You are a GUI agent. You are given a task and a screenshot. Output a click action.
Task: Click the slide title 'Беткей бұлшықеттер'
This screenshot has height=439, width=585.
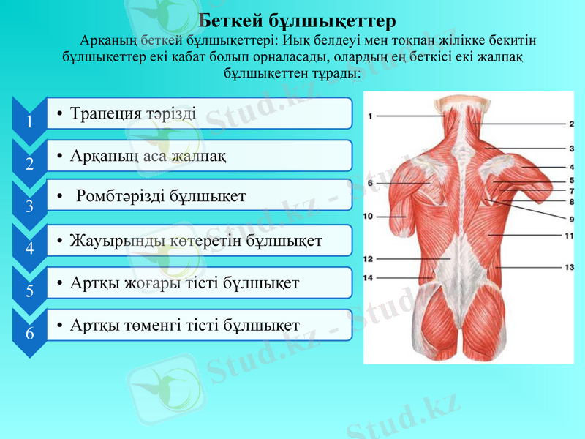click(297, 17)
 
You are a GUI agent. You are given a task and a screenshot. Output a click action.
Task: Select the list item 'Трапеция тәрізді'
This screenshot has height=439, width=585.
click(132, 113)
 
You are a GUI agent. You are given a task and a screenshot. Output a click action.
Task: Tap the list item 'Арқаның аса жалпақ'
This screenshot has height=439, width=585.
click(148, 156)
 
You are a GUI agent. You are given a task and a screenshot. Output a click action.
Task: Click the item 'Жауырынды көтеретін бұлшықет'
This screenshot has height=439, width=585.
click(196, 239)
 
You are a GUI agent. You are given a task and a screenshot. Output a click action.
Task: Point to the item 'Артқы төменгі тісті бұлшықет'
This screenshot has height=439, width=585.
click(185, 324)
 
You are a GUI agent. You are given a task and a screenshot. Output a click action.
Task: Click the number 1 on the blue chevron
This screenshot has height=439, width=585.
click(29, 121)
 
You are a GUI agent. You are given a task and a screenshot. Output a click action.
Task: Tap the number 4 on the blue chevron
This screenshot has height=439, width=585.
click(29, 249)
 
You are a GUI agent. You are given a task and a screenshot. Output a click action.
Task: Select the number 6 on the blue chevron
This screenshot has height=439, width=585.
click(29, 334)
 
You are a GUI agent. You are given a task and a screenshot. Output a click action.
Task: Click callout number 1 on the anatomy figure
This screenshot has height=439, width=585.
click(371, 116)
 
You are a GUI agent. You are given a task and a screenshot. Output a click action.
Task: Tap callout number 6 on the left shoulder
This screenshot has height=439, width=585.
click(371, 182)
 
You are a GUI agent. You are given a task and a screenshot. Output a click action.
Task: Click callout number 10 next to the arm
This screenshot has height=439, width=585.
click(368, 216)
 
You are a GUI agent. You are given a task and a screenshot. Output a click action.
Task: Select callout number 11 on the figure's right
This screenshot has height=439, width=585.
click(568, 236)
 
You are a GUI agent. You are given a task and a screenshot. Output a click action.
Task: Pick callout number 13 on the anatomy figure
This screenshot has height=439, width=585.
click(568, 267)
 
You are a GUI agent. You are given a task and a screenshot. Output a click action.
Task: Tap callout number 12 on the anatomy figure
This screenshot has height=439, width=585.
click(369, 259)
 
